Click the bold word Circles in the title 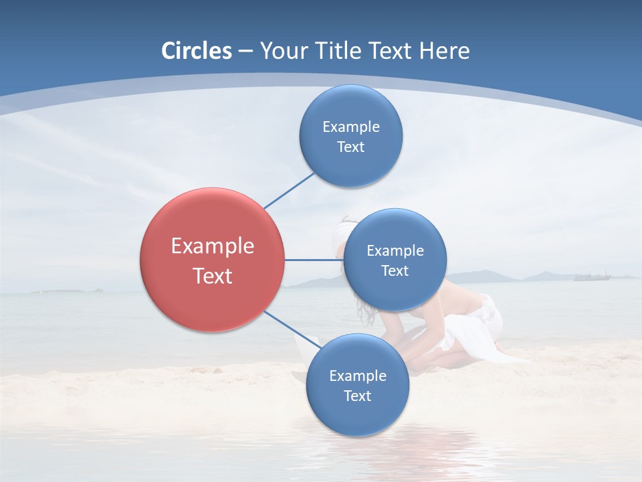point(196,51)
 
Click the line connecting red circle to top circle point(289,190)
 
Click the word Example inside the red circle point(213,246)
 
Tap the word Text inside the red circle point(213,276)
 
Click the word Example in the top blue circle point(351,127)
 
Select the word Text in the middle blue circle point(395,270)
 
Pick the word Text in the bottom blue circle point(357,396)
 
